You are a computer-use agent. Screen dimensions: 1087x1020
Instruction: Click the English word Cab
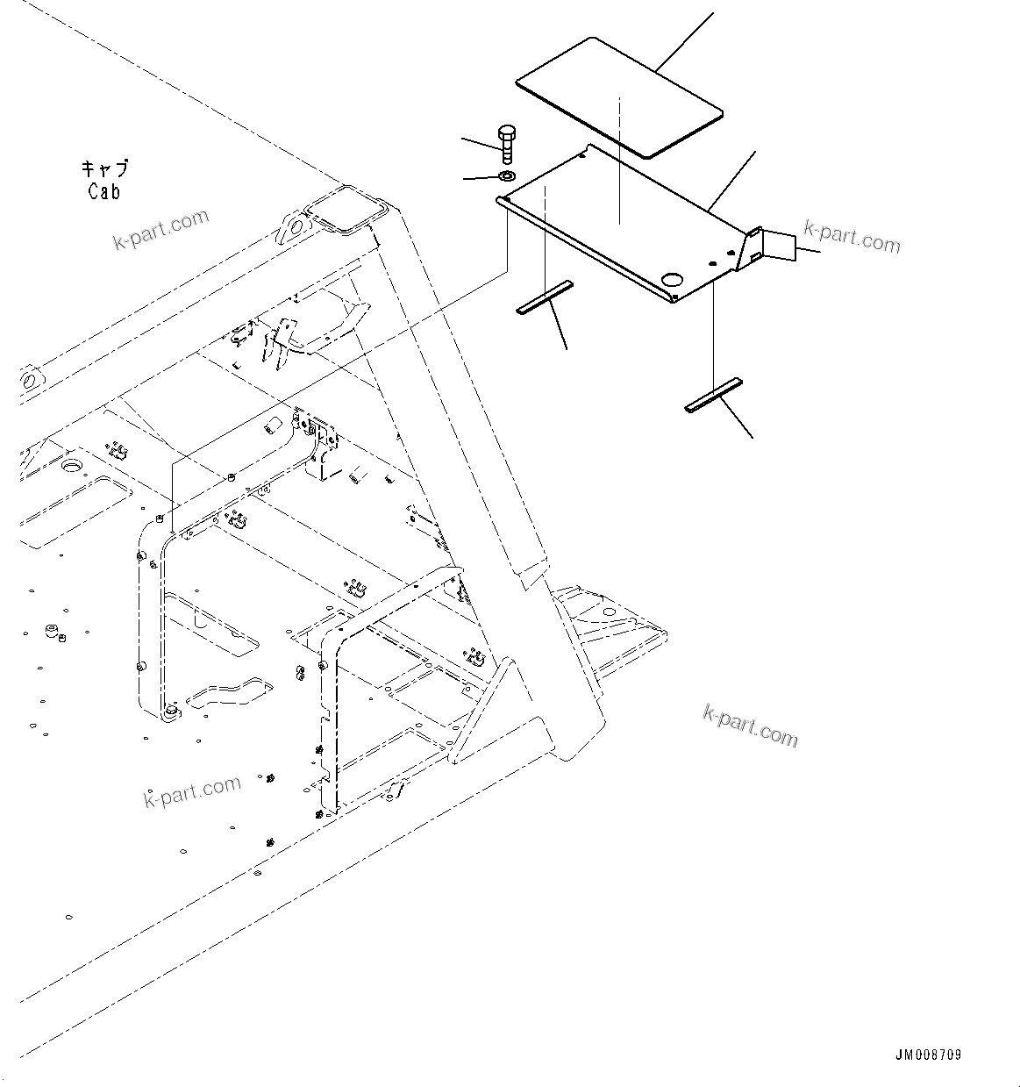tap(103, 190)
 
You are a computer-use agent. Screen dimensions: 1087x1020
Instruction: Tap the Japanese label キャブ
tap(104, 168)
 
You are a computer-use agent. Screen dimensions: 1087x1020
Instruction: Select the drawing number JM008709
tap(928, 1055)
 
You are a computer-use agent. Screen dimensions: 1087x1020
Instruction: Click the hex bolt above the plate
tap(507, 144)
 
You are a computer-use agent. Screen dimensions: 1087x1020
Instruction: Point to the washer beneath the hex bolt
tap(507, 178)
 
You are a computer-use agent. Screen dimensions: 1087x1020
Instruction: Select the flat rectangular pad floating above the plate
tap(618, 97)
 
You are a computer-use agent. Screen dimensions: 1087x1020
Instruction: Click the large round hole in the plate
tap(673, 279)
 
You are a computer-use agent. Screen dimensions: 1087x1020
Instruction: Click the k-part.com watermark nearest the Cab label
tap(161, 229)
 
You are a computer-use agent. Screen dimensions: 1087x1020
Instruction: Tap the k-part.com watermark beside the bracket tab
tap(852, 237)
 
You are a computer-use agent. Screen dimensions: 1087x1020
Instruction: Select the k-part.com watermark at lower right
tap(750, 726)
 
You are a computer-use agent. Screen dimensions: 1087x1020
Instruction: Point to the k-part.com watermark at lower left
tap(191, 792)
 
